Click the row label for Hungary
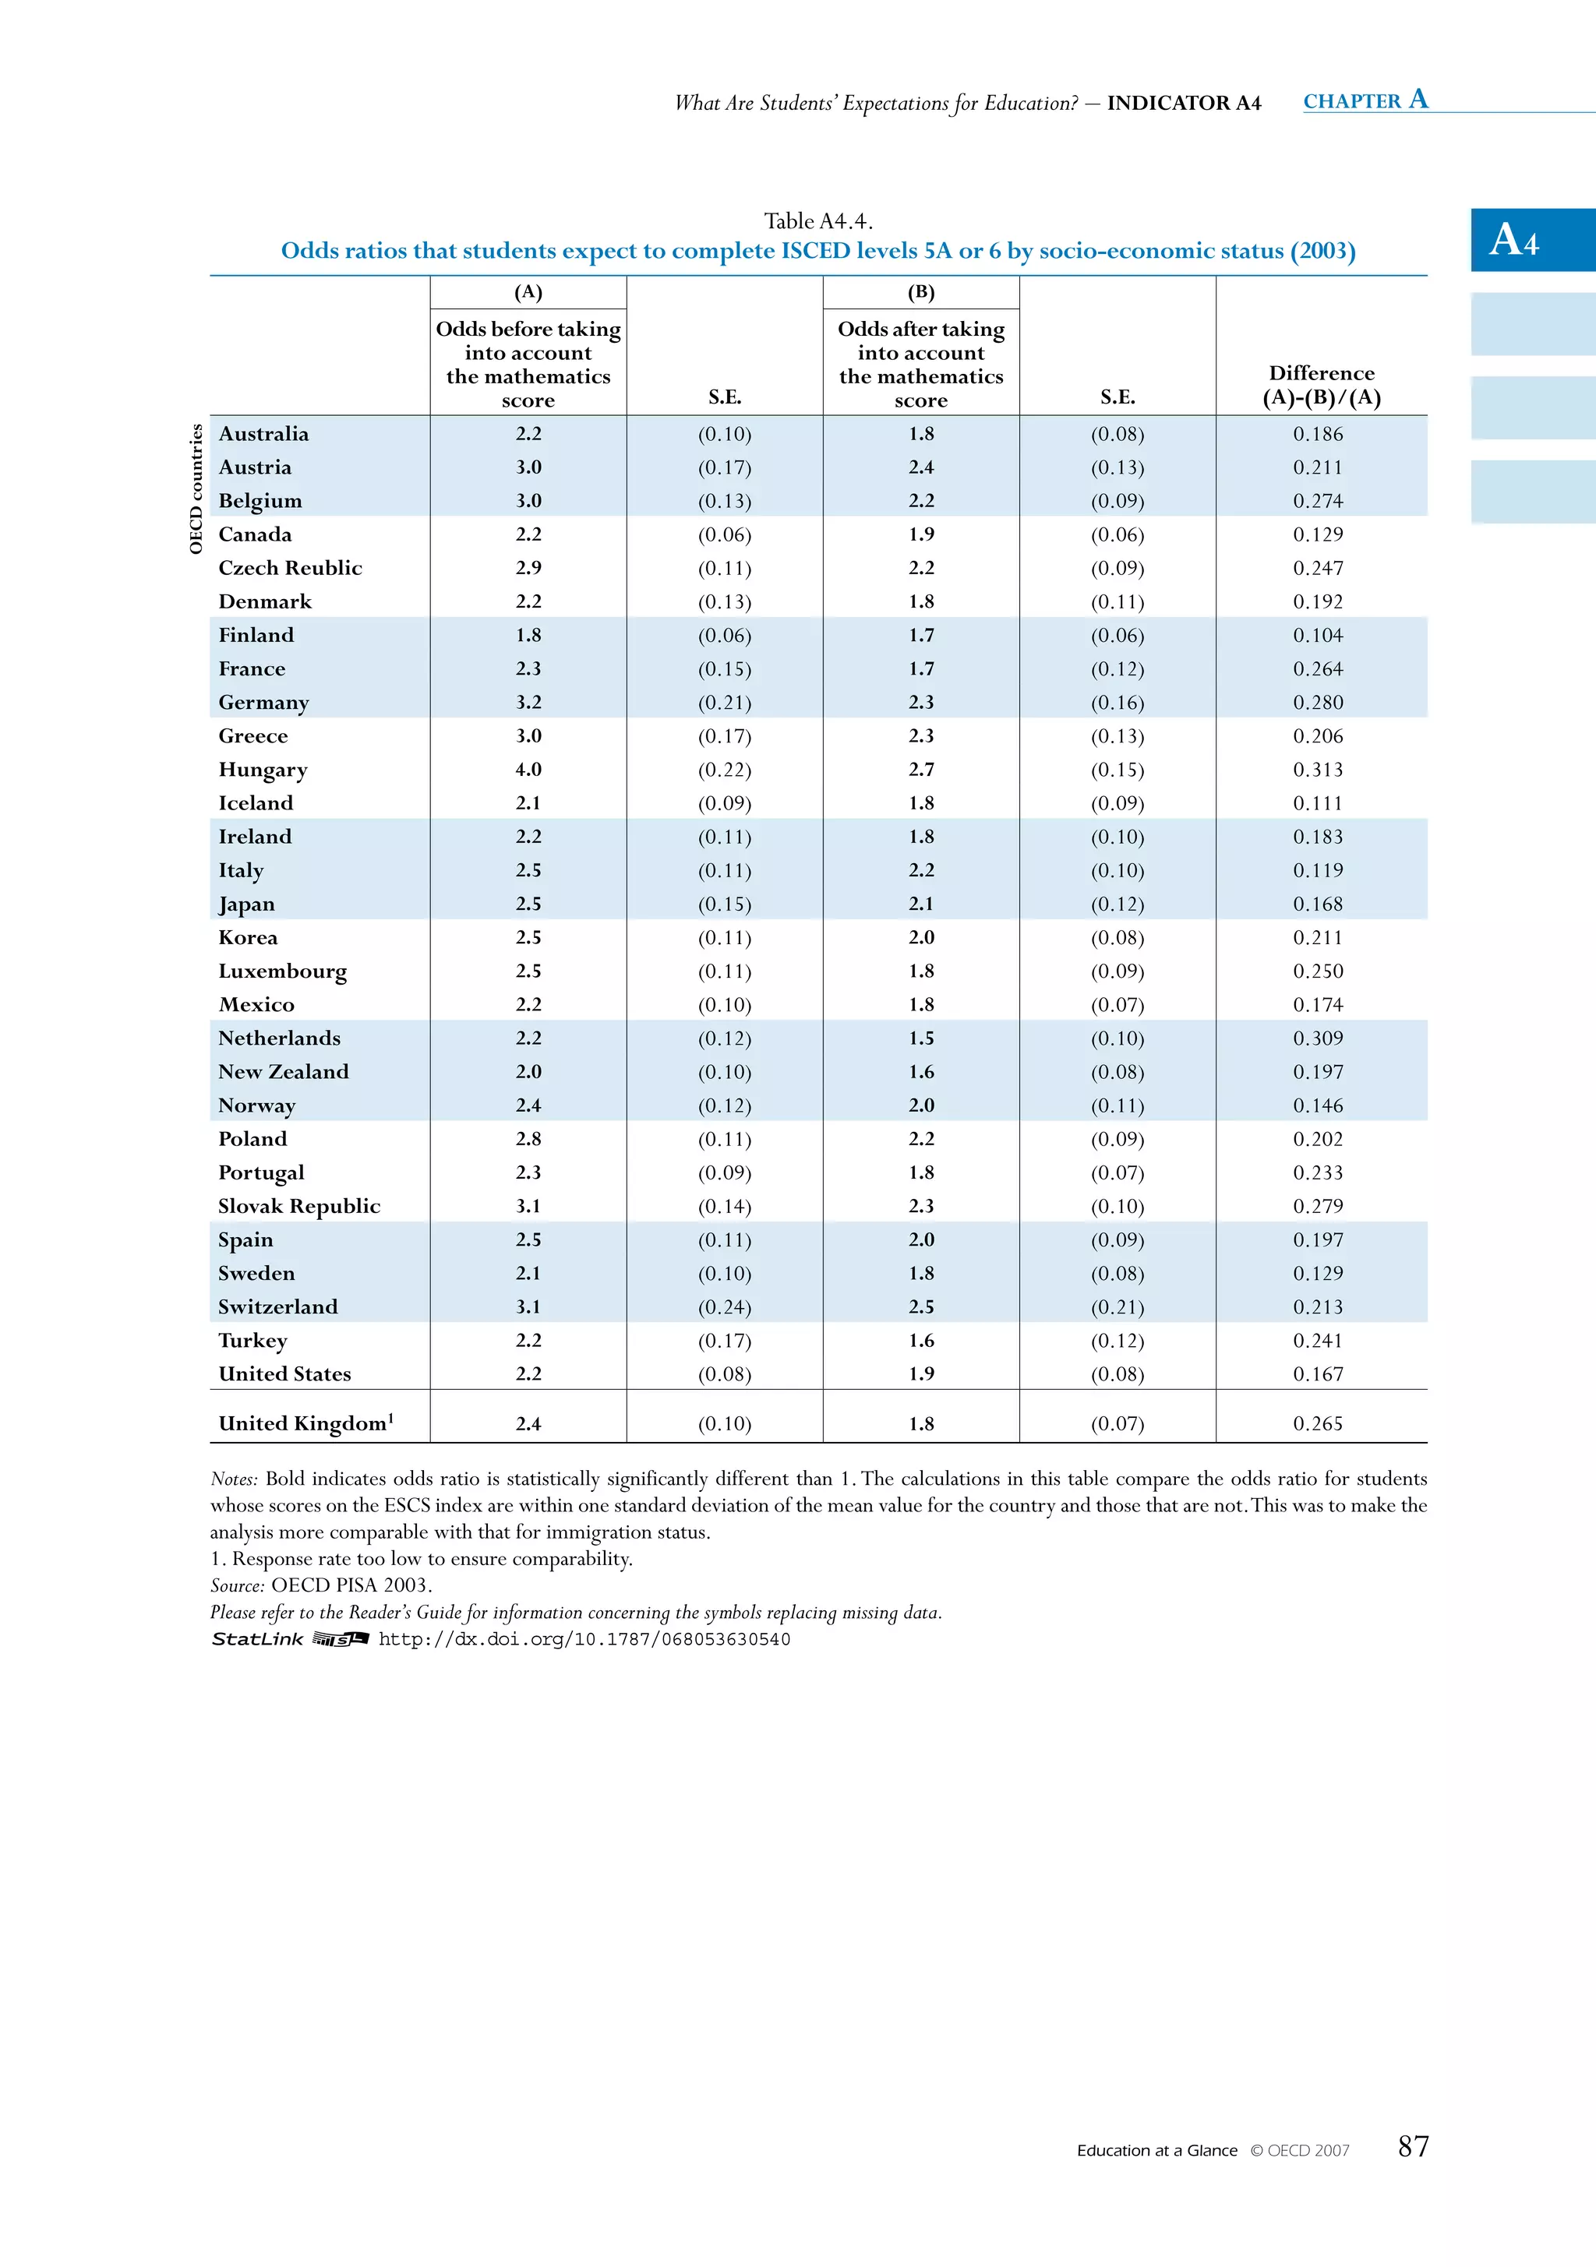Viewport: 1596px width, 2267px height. click(x=263, y=770)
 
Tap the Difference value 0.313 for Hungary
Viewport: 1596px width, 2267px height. click(x=1318, y=770)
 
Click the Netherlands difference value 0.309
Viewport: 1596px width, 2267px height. click(x=1318, y=1038)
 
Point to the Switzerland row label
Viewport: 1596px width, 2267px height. click(x=277, y=1307)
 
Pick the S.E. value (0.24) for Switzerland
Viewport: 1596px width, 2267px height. click(x=724, y=1307)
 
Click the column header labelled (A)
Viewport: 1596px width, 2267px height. click(x=528, y=292)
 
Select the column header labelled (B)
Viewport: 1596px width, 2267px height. click(x=920, y=292)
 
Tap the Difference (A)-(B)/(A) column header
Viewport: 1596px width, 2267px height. click(x=1322, y=385)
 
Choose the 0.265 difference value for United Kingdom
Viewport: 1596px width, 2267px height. click(x=1318, y=1424)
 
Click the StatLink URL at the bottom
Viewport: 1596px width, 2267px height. click(x=584, y=1640)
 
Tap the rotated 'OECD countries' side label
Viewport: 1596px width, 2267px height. click(x=196, y=488)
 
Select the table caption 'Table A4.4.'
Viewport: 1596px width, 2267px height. click(x=817, y=221)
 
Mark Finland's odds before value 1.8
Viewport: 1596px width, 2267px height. click(x=528, y=636)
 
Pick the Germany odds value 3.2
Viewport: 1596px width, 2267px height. click(x=528, y=703)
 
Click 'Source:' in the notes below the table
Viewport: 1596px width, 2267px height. click(x=237, y=1585)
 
